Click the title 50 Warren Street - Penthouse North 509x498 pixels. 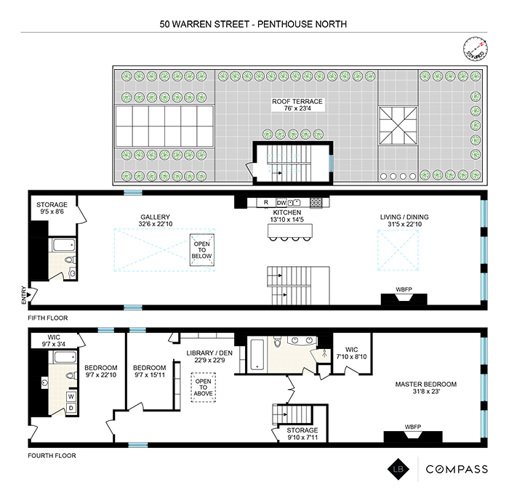pyautogui.click(x=254, y=24)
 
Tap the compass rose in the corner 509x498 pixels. pyautogui.click(x=476, y=49)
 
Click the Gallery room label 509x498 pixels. pyautogui.click(x=156, y=221)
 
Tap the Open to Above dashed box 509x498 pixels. pyautogui.click(x=203, y=386)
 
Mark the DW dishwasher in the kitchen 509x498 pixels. pyautogui.click(x=280, y=202)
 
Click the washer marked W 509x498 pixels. pyautogui.click(x=71, y=397)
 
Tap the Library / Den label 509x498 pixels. pyautogui.click(x=209, y=358)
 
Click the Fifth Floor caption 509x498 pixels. pyautogui.click(x=46, y=317)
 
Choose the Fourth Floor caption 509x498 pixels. pyautogui.click(x=50, y=456)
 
